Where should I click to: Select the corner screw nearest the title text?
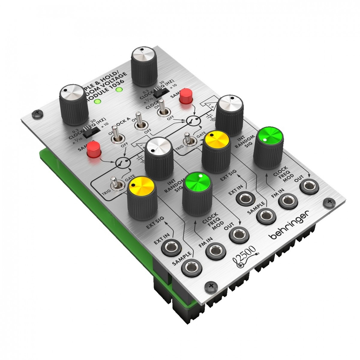click(37, 113)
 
